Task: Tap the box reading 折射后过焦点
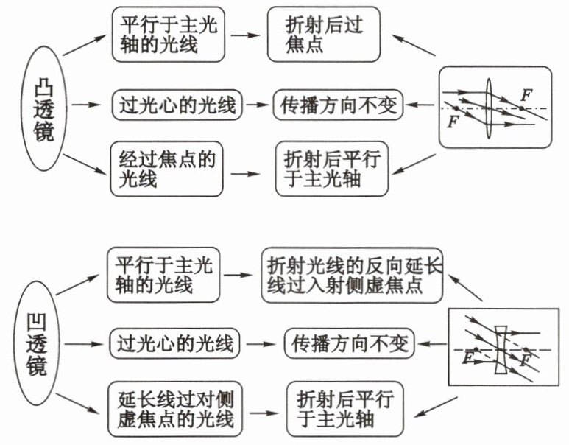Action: pyautogui.click(x=324, y=35)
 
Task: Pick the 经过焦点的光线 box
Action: pyautogui.click(x=166, y=167)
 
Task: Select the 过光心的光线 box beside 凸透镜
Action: pyautogui.click(x=175, y=105)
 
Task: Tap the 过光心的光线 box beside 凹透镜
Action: pyautogui.click(x=174, y=343)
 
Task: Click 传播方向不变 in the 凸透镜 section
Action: pyautogui.click(x=339, y=105)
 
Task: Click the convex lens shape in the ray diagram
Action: pyautogui.click(x=489, y=108)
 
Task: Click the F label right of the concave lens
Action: pyautogui.click(x=526, y=360)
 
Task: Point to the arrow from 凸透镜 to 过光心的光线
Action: pyautogui.click(x=88, y=106)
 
